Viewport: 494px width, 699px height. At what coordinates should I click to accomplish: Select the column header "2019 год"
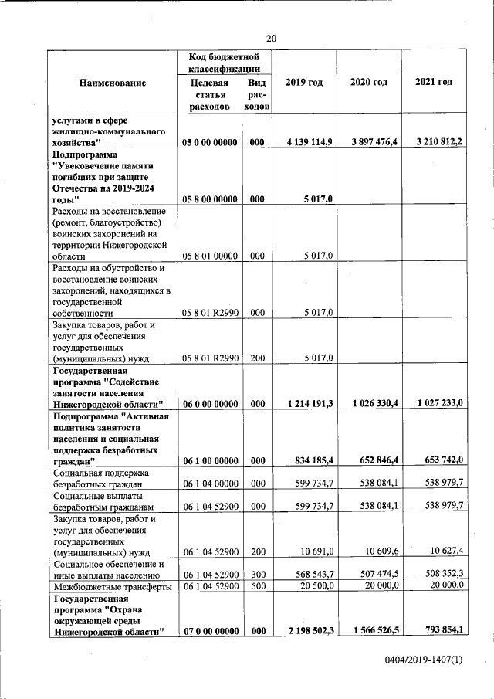click(x=303, y=83)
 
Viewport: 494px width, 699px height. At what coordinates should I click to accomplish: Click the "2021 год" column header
click(x=433, y=82)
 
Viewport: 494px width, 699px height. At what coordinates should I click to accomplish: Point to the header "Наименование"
click(x=113, y=83)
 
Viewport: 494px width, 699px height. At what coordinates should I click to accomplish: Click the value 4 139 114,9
click(x=309, y=142)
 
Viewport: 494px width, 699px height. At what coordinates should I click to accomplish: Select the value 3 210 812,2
click(x=438, y=142)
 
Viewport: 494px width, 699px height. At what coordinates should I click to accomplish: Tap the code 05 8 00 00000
click(x=209, y=199)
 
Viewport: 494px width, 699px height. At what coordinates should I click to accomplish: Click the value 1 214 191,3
click(x=309, y=403)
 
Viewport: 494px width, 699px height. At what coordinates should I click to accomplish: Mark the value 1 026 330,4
click(x=374, y=403)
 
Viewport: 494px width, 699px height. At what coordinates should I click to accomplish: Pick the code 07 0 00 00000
click(x=209, y=631)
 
